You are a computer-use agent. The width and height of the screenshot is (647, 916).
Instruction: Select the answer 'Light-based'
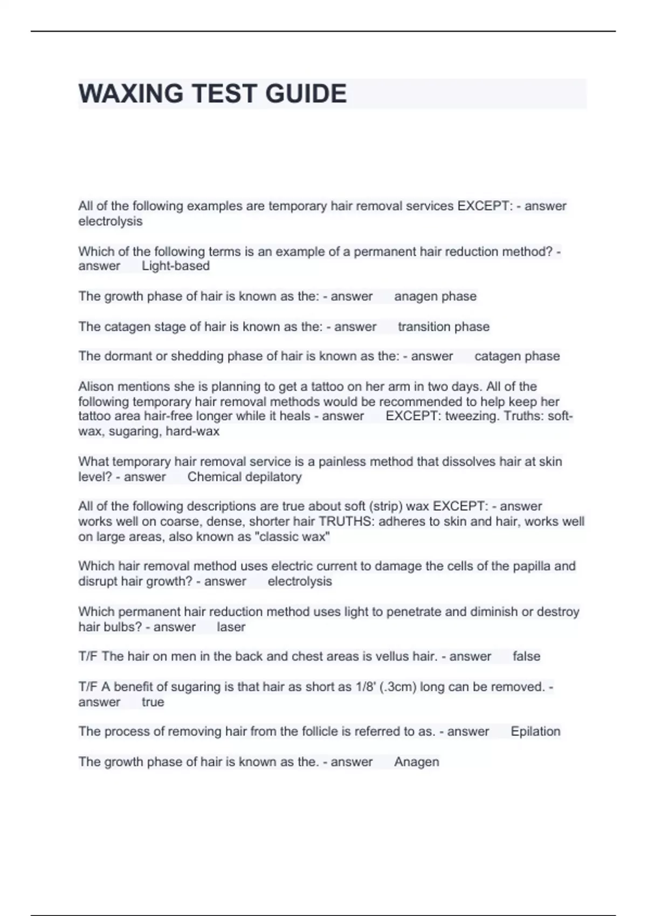coord(175,266)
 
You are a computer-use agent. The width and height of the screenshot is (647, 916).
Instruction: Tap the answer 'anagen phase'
coord(435,296)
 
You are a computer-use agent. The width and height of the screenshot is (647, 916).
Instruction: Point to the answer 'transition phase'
coord(443,327)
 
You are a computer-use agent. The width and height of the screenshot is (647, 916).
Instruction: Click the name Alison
coord(96,386)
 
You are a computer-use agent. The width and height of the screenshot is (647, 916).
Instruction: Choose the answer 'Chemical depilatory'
coord(244,477)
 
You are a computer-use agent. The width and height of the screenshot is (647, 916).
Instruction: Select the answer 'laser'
coord(231,627)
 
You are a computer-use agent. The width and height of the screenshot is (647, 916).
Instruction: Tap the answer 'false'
coord(526,656)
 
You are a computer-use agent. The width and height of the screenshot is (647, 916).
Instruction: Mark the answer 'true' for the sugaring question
coord(153,702)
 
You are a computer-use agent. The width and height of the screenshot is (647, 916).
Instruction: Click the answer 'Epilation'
coord(535,731)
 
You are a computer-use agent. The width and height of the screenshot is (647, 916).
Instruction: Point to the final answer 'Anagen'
coord(416,762)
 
